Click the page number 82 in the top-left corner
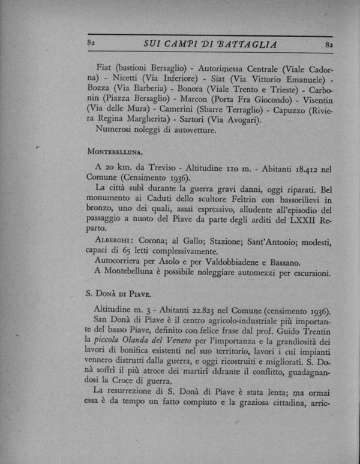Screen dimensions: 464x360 click(x=92, y=44)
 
